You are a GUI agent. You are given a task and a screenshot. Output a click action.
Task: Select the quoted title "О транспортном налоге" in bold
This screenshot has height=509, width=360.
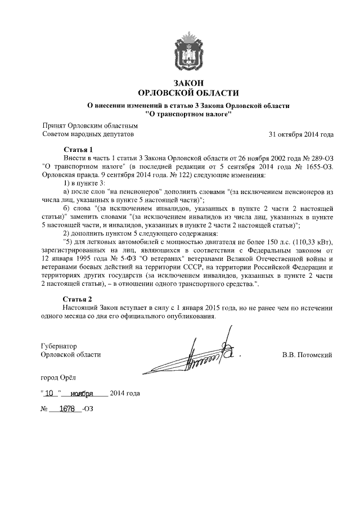pos(188,114)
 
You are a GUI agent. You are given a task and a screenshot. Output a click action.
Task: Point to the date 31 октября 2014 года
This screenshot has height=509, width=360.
pos(301,135)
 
